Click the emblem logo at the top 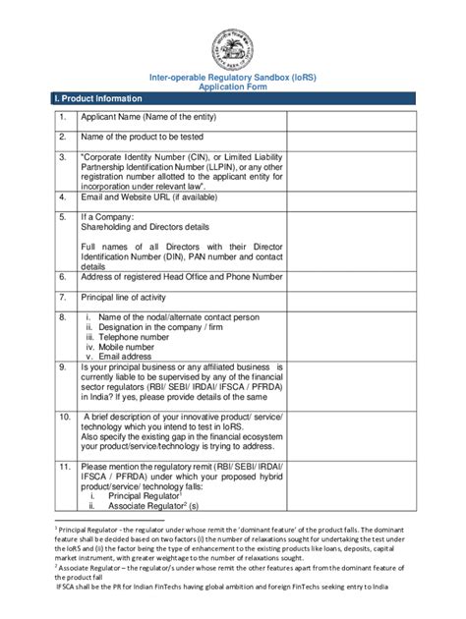click(233, 45)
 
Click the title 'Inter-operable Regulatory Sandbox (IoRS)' click(233, 76)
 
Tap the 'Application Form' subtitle click(233, 86)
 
